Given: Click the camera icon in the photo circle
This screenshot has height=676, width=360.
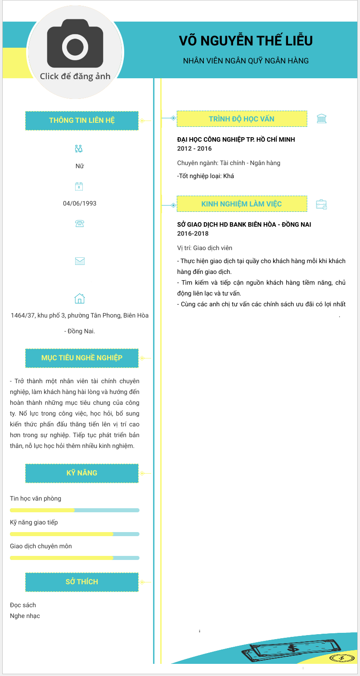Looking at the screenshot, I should [75, 43].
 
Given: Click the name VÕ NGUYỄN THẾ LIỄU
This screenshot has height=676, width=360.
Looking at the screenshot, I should [246, 41].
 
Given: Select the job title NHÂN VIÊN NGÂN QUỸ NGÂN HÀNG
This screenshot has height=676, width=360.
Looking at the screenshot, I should [246, 61].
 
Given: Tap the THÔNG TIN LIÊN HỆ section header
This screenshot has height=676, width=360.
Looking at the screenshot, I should [82, 121].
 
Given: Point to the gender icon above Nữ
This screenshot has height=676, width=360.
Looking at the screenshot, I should [79, 148].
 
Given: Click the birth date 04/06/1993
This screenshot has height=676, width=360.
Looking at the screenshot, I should [80, 203].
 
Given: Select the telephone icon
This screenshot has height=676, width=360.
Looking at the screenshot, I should [80, 223].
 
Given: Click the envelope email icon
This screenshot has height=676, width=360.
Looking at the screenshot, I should [80, 261].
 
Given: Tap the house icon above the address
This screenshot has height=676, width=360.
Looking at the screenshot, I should [80, 298].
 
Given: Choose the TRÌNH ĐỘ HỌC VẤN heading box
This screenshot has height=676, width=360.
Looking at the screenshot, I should [242, 119].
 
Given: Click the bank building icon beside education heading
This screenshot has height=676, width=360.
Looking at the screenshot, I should [322, 119].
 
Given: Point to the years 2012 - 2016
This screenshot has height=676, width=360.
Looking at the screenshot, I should [194, 148].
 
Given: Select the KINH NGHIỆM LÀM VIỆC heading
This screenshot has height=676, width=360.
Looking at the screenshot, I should [242, 204].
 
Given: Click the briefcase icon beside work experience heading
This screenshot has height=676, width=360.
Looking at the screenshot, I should [321, 205].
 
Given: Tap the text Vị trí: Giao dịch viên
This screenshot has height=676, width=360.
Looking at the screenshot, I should [205, 248].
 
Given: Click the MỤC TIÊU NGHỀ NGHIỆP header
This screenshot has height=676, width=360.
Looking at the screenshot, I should [82, 358].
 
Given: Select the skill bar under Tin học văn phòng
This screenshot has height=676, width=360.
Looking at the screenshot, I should [75, 510].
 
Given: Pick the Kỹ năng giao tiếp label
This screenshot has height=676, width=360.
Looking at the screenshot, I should [34, 522].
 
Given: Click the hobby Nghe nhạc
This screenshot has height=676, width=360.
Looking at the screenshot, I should [25, 616].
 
